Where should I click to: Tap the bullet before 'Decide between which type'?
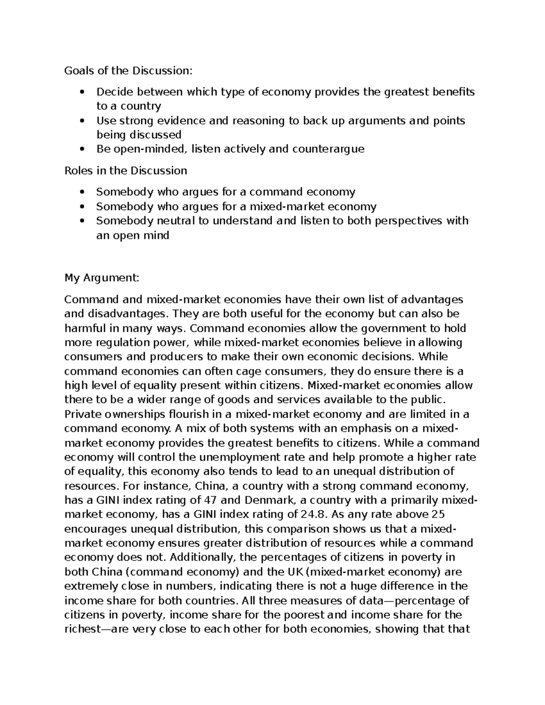pyautogui.click(x=82, y=92)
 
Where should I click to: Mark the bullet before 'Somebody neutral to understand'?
pyautogui.click(x=82, y=221)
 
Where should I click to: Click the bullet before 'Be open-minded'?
pyautogui.click(x=82, y=149)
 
